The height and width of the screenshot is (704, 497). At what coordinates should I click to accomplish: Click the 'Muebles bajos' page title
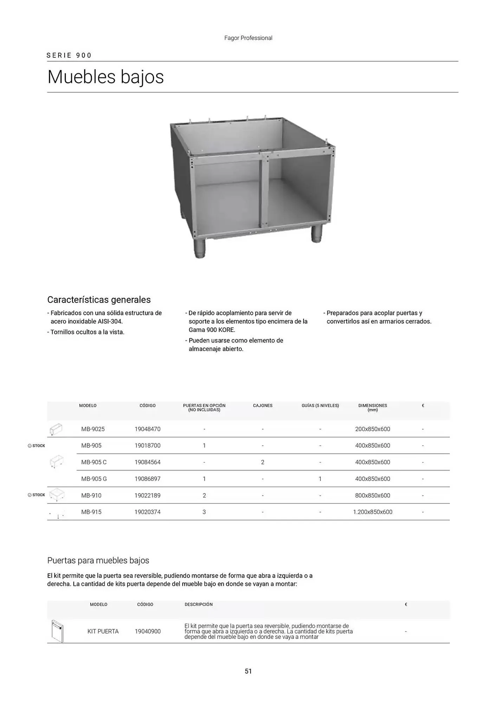(x=105, y=77)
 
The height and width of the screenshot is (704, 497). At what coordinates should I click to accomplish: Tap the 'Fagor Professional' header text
(x=248, y=38)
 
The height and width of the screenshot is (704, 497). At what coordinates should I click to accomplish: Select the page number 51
(x=248, y=671)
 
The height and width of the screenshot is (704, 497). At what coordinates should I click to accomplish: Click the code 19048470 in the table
(x=147, y=429)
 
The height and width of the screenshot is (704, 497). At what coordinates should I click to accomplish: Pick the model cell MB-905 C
(x=94, y=462)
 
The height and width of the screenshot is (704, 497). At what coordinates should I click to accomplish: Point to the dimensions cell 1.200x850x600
(x=373, y=512)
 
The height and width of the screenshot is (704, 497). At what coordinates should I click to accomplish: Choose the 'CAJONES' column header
(x=263, y=406)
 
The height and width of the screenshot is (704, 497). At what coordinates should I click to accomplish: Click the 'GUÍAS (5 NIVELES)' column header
(x=320, y=406)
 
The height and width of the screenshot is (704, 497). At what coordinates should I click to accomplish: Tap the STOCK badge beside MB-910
(x=37, y=495)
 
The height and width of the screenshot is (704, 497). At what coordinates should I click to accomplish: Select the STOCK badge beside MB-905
(x=37, y=446)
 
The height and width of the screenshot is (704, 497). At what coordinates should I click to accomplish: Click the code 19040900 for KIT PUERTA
(x=148, y=631)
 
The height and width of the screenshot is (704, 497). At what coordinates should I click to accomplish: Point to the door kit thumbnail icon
(x=57, y=631)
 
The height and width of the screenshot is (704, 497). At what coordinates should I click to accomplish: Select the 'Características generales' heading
(x=99, y=300)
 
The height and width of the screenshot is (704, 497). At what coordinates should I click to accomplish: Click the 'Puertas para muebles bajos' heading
(x=98, y=560)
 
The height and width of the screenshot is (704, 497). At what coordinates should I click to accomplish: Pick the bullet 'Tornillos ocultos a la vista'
(x=87, y=332)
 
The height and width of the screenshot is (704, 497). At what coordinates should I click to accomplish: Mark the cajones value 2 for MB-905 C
(x=263, y=462)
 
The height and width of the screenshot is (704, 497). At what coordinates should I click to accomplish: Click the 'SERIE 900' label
(x=69, y=55)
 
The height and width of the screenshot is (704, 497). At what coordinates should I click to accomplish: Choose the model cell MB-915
(x=91, y=512)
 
